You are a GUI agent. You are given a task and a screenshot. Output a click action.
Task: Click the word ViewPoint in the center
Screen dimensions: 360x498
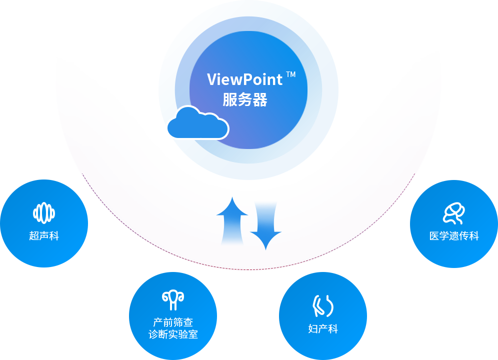coord(244,79)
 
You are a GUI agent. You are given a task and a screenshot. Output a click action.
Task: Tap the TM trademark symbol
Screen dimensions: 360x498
coord(290,75)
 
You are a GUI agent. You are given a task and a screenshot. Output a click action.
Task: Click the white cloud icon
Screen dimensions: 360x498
coord(197,123)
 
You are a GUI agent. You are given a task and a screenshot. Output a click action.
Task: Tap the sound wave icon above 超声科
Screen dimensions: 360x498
coord(44,213)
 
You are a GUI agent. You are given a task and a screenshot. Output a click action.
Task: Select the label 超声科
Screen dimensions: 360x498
coord(44,236)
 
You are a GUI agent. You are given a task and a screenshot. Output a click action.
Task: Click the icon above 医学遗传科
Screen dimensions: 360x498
coord(454,213)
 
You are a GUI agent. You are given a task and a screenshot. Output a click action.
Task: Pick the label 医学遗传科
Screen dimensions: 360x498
coord(454,236)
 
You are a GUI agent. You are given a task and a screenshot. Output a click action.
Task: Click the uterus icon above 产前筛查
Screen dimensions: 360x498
coord(173,300)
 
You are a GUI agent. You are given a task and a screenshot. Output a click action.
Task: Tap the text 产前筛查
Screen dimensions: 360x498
coord(173,322)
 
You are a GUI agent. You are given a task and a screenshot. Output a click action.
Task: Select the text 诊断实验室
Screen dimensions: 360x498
coord(173,334)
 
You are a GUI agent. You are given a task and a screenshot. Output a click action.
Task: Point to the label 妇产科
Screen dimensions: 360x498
coord(323,329)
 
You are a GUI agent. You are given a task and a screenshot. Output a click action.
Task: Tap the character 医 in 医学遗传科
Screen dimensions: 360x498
coord(434,236)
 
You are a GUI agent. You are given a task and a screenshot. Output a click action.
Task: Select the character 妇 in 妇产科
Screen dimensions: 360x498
coord(313,329)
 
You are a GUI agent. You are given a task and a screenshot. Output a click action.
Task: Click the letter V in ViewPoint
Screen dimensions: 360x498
coord(211,79)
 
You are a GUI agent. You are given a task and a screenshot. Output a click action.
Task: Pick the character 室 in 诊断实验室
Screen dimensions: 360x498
coord(193,334)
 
